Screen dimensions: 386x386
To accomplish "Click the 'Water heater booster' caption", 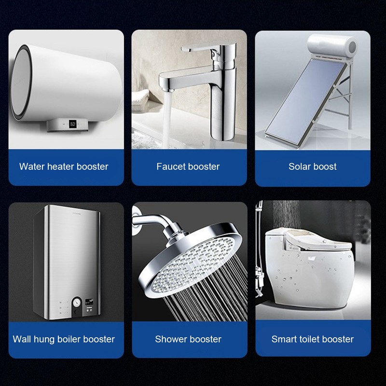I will (x=64, y=166).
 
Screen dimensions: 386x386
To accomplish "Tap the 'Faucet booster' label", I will (x=188, y=166).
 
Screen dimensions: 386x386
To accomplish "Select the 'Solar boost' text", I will (x=313, y=166).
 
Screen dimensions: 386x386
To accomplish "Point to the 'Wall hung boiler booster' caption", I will (x=64, y=339).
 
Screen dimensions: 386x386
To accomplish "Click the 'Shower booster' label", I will (x=188, y=339).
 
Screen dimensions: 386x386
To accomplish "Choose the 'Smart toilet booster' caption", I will (x=313, y=339).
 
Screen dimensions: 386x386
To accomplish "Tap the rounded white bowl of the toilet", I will (x=309, y=280).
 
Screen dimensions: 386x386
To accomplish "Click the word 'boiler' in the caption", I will (x=70, y=339).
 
